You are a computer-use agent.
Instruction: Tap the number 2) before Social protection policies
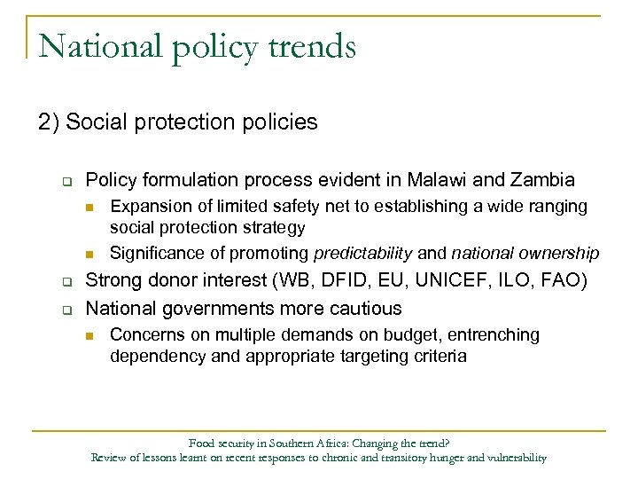tap(50, 122)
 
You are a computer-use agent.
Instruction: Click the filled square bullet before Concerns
tap(89, 336)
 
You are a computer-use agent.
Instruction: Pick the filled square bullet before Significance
tap(89, 255)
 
